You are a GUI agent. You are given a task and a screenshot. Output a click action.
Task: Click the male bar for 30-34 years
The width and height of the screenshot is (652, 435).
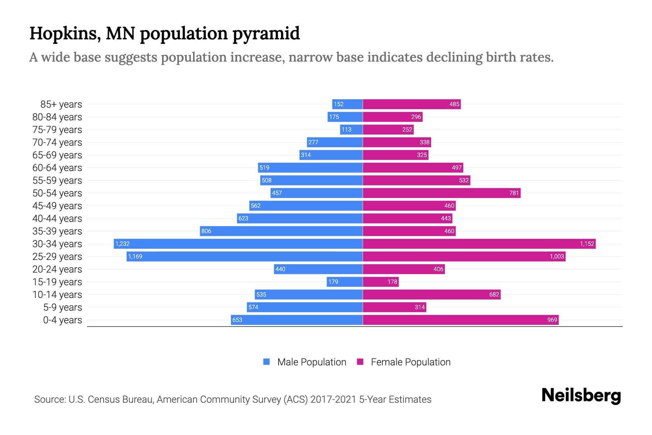(x=238, y=244)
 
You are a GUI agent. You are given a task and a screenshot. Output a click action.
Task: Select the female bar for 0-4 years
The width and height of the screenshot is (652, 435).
(x=460, y=320)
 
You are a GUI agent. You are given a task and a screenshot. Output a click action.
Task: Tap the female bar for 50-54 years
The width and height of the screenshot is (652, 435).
(x=442, y=193)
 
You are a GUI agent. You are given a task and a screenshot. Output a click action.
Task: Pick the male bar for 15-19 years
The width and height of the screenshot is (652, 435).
(x=344, y=282)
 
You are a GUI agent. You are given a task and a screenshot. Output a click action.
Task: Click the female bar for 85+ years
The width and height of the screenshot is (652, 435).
(x=411, y=104)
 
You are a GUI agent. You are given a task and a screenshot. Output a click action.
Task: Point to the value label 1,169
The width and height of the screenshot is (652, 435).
(x=135, y=256)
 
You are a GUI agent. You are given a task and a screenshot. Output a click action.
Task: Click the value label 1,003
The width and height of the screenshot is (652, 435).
(x=557, y=256)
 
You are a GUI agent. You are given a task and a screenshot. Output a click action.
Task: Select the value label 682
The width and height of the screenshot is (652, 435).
(x=494, y=294)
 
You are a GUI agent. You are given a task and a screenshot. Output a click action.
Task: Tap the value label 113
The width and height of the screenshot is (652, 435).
(x=346, y=129)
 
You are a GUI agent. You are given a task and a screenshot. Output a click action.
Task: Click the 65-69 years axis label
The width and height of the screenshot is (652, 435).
(x=57, y=155)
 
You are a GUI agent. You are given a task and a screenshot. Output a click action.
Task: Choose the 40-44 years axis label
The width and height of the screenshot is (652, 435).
(x=57, y=218)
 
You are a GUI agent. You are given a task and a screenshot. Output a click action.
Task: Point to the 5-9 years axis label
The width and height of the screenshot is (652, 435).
(x=62, y=307)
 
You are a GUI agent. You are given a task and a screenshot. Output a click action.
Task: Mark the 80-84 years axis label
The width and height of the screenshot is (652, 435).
(x=57, y=117)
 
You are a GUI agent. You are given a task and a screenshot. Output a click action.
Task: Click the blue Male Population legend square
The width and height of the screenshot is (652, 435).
(x=267, y=362)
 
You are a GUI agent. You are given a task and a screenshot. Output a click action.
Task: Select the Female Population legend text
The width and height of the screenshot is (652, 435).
(x=410, y=362)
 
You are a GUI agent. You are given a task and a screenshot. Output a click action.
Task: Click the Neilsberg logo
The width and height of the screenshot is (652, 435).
(x=581, y=395)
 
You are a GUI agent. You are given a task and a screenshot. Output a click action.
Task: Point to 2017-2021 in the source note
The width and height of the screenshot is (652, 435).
(x=333, y=399)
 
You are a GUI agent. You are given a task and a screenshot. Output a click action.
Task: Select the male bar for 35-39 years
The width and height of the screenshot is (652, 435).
(x=281, y=231)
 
